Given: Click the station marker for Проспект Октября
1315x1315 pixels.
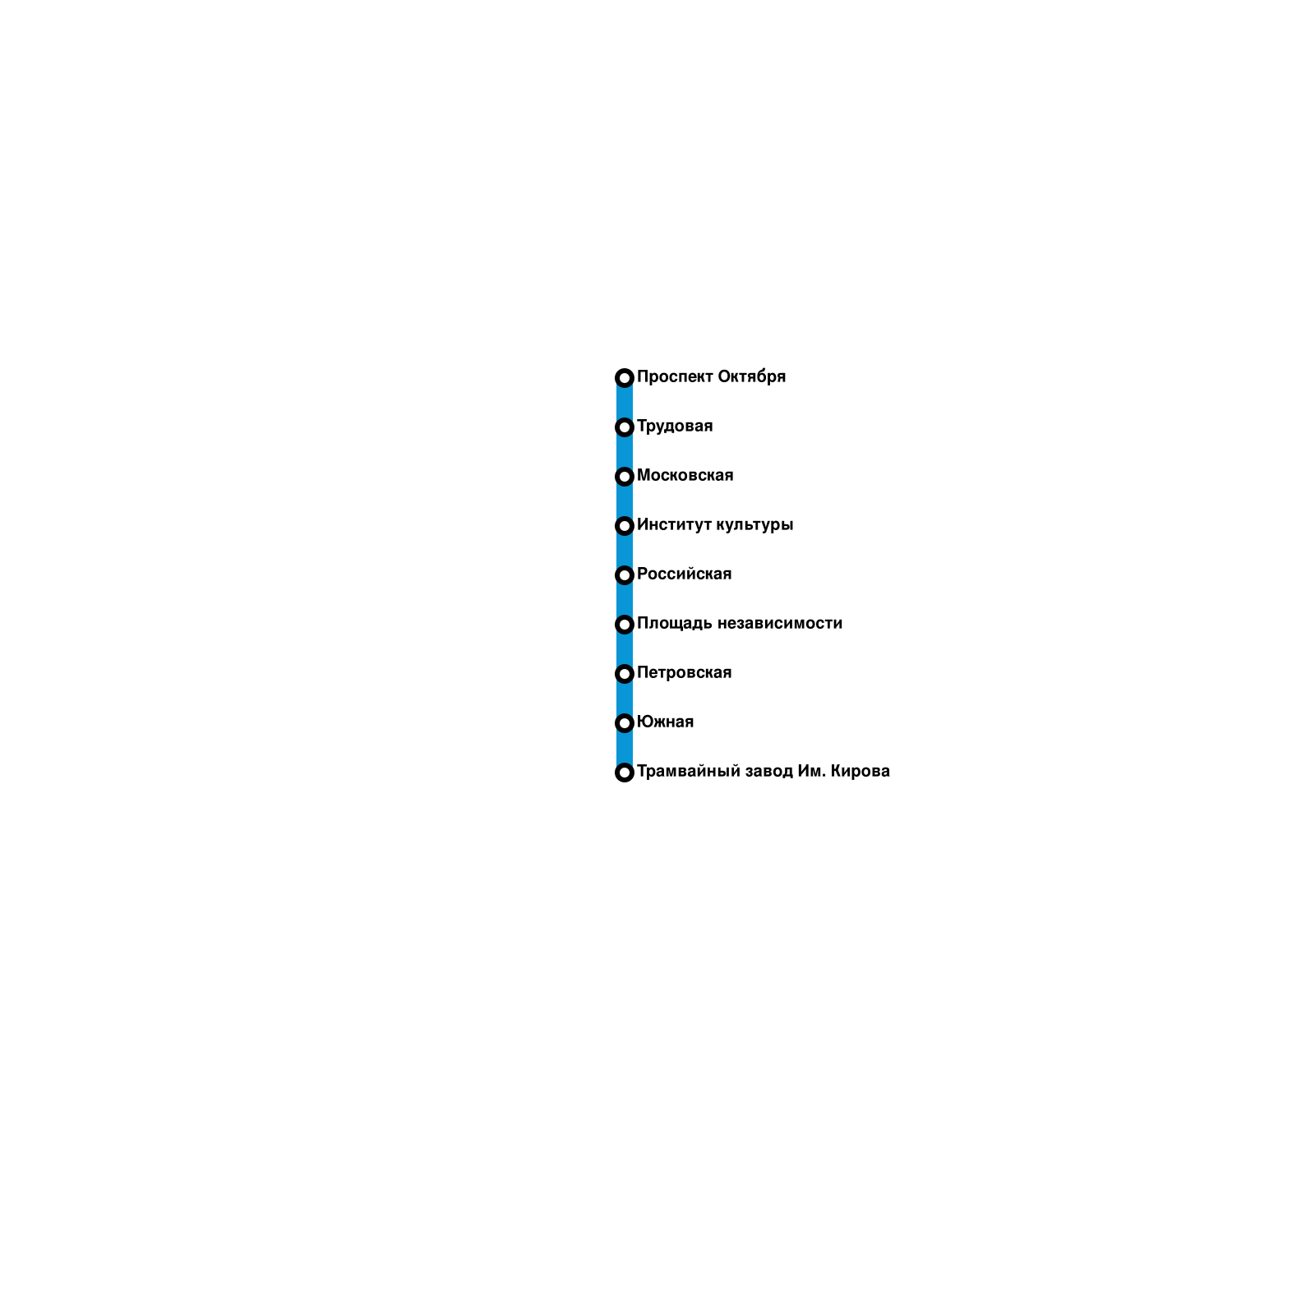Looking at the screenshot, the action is pyautogui.click(x=624, y=378).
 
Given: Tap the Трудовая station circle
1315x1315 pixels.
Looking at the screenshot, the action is pyautogui.click(x=624, y=427).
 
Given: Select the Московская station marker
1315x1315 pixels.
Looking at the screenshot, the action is pyautogui.click(x=624, y=477).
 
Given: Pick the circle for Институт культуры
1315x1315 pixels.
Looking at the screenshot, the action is pyautogui.click(x=624, y=526).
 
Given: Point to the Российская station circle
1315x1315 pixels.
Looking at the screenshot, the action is pyautogui.click(x=624, y=575).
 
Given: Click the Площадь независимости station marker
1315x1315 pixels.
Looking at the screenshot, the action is pyautogui.click(x=624, y=625).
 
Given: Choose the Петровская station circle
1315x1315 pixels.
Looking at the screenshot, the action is pyautogui.click(x=624, y=674).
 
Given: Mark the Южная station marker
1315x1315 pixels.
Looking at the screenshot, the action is pyautogui.click(x=624, y=723).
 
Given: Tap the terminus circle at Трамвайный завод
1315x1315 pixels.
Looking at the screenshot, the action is pyautogui.click(x=624, y=773).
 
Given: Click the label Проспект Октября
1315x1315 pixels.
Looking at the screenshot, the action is pyautogui.click(x=711, y=376).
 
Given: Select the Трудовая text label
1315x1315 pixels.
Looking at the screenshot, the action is pyautogui.click(x=675, y=426).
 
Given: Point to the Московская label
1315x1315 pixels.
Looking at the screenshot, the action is pyautogui.click(x=685, y=475).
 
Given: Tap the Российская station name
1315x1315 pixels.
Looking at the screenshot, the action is pyautogui.click(x=684, y=574).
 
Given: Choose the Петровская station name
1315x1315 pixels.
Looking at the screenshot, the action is pyautogui.click(x=684, y=672).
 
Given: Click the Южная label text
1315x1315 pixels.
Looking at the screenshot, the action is pyautogui.click(x=665, y=722).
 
